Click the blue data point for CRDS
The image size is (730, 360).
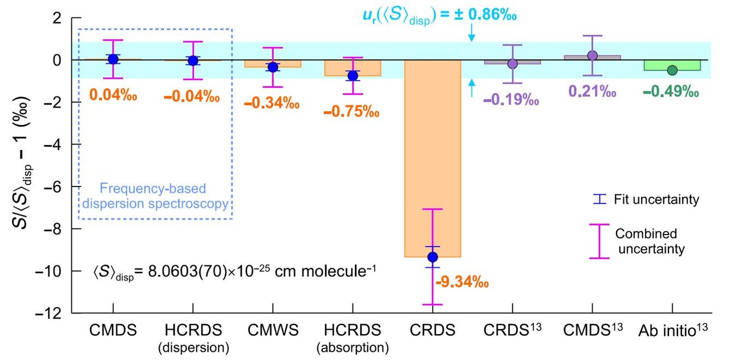(432, 257)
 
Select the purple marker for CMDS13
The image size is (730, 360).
(592, 55)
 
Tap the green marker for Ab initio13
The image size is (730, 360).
(672, 70)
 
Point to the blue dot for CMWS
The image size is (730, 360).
(273, 67)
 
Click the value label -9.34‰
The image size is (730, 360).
(462, 281)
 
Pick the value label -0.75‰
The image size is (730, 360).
(351, 111)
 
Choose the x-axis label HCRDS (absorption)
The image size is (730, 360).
(352, 338)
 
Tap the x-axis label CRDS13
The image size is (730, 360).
(512, 331)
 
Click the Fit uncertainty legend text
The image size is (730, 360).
(656, 200)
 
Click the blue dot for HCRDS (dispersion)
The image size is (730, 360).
(193, 60)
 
